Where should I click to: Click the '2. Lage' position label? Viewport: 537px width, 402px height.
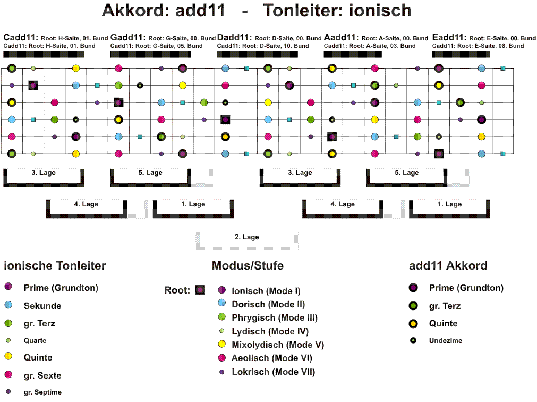pyautogui.click(x=247, y=237)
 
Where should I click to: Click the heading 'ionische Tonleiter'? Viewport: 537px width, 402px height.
pyautogui.click(x=55, y=265)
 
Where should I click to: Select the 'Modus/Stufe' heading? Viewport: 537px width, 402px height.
pyautogui.click(x=248, y=265)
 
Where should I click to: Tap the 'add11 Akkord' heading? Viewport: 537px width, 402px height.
pyautogui.click(x=448, y=265)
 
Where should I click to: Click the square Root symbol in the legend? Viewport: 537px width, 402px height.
pyautogui.click(x=200, y=290)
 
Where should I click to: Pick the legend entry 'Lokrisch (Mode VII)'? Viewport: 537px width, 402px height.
pyautogui.click(x=274, y=372)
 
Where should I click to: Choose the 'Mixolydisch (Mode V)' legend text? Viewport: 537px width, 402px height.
pyautogui.click(x=278, y=345)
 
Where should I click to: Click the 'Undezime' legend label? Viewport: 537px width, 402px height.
pyautogui.click(x=446, y=341)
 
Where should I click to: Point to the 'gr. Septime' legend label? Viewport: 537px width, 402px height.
pyautogui.click(x=43, y=392)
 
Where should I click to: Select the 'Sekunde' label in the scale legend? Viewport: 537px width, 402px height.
pyautogui.click(x=42, y=306)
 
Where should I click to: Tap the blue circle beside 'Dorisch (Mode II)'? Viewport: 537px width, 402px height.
pyautogui.click(x=222, y=303)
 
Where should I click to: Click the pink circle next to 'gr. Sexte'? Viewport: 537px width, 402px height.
pyautogui.click(x=8, y=374)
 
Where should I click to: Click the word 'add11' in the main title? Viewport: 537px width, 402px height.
pyautogui.click(x=200, y=10)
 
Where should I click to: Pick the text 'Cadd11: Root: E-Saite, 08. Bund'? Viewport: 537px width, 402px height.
pyautogui.click(x=478, y=46)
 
